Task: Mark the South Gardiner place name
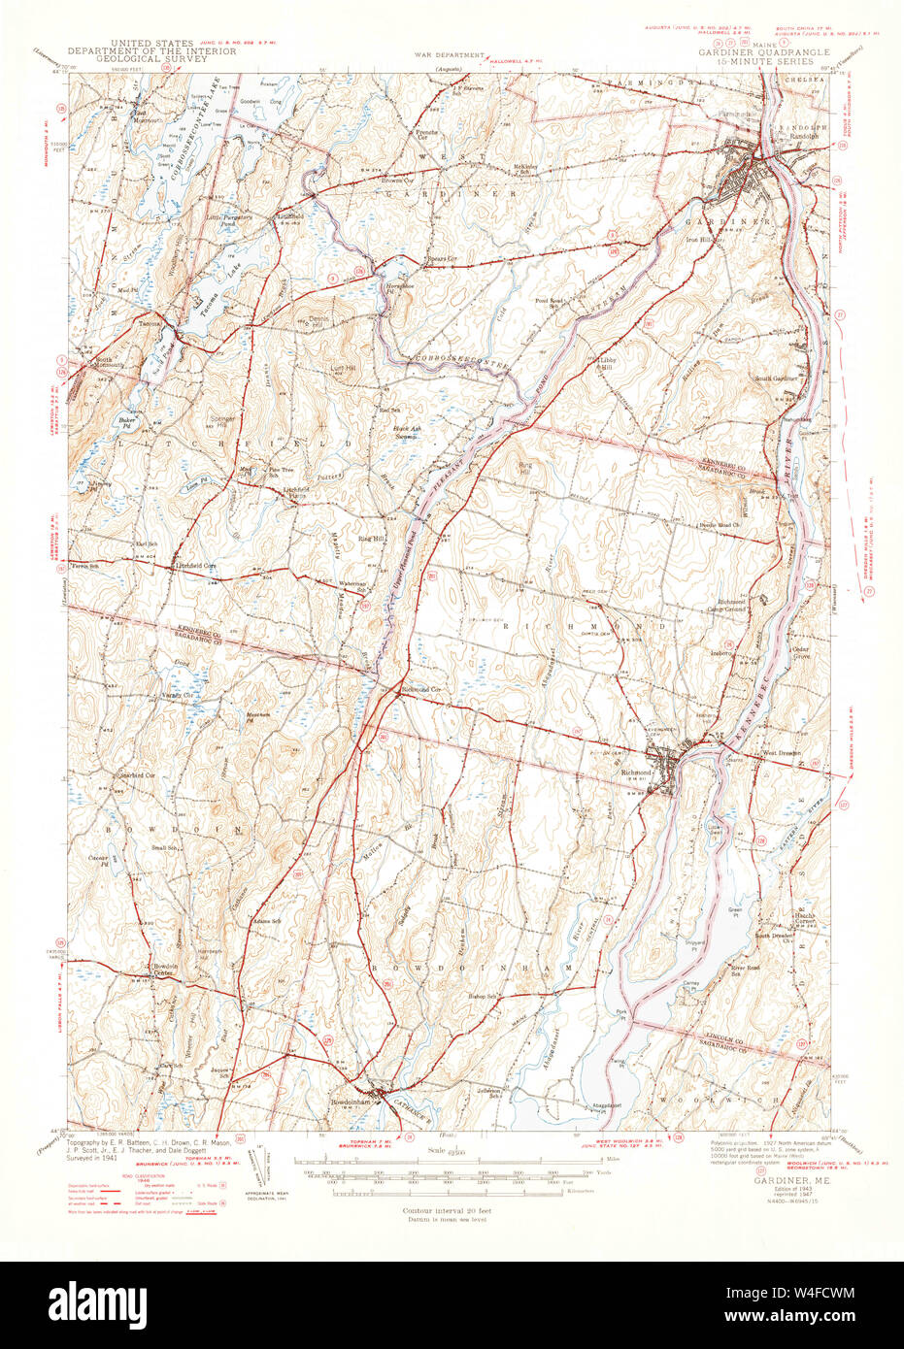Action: [x=777, y=378]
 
